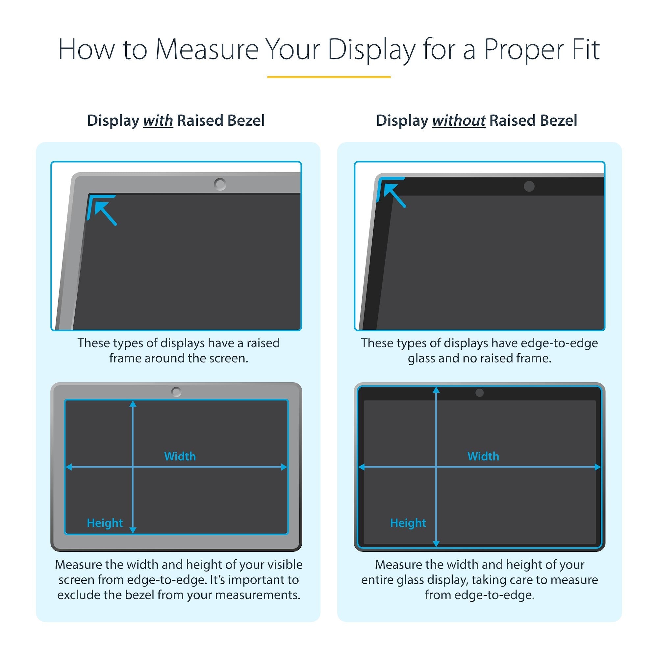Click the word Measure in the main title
click(x=207, y=50)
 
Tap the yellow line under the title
click(x=329, y=77)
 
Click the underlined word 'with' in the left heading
click(x=158, y=120)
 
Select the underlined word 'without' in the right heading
click(x=458, y=120)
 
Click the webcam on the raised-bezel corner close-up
click(x=220, y=184)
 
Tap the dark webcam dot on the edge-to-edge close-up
click(x=529, y=186)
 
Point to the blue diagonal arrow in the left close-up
click(x=105, y=213)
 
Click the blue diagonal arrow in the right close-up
click(x=394, y=195)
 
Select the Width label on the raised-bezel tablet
click(x=180, y=456)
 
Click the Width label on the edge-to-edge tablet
click(x=483, y=456)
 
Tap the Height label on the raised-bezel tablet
click(x=105, y=523)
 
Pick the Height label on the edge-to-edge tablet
click(x=408, y=523)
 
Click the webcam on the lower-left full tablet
click(x=176, y=392)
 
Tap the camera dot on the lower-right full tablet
click(x=480, y=393)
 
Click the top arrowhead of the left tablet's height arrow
click(x=133, y=404)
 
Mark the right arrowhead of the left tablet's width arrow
click(x=284, y=467)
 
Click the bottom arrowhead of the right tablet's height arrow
click(x=436, y=544)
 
